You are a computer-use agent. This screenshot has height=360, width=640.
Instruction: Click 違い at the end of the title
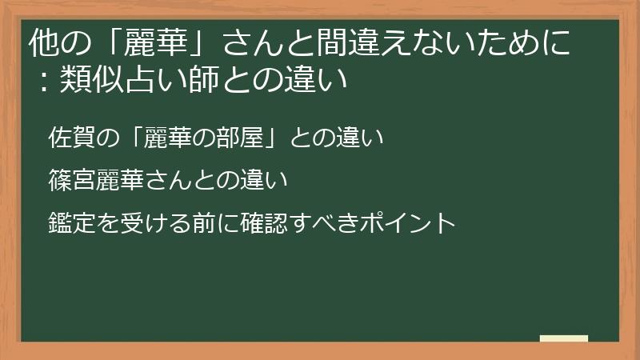[x=319, y=81]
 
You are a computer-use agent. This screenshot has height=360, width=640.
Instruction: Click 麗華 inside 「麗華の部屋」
[x=164, y=138]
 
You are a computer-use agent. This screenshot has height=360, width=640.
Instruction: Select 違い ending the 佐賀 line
[x=363, y=138]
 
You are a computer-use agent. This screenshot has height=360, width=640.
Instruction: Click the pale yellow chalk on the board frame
[x=563, y=338]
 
